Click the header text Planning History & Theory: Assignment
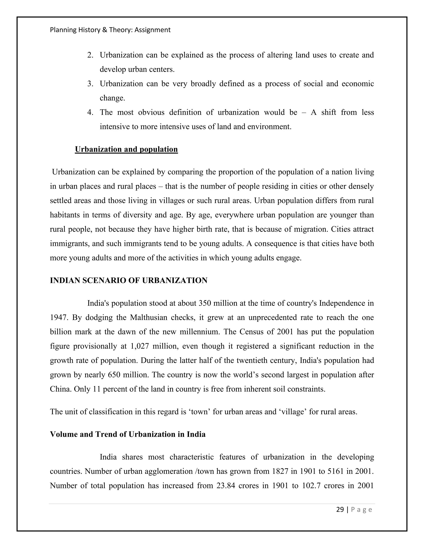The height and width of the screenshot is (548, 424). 110,30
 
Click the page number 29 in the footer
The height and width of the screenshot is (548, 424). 340,510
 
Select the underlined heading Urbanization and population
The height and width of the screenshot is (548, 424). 126,149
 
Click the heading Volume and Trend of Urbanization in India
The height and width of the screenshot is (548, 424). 128,434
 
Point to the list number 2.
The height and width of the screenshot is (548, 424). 90,55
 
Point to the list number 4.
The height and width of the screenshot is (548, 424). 90,112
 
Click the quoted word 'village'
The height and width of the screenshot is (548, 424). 292,412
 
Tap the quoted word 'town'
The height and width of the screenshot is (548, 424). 199,412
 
